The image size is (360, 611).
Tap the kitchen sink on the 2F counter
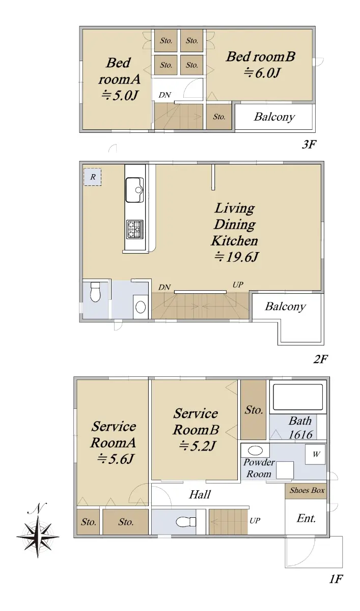(x=134, y=190)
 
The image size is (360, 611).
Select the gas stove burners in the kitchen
(x=135, y=229)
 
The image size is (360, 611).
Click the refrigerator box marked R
(x=93, y=177)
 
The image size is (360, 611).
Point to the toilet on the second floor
(x=95, y=292)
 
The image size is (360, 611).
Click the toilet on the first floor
(x=186, y=522)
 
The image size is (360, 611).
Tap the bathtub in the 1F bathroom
(x=298, y=397)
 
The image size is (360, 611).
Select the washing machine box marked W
(x=315, y=454)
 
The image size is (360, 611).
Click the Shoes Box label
(x=307, y=490)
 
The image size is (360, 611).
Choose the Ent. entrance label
(x=306, y=518)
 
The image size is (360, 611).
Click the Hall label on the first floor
(x=200, y=494)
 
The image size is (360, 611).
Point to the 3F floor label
(x=309, y=144)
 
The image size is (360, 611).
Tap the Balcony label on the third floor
(x=274, y=117)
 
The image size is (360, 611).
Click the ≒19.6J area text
(x=236, y=257)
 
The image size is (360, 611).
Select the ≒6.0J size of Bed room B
(x=262, y=72)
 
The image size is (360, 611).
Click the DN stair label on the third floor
(x=165, y=95)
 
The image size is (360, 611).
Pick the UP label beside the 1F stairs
(x=255, y=521)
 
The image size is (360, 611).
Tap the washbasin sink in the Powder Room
(x=255, y=450)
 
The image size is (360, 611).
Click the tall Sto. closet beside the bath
(x=254, y=410)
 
